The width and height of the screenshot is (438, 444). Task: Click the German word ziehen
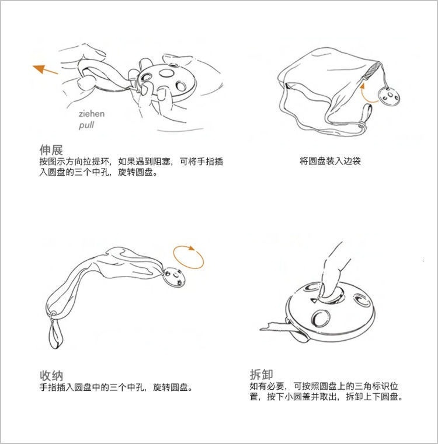pos(92,114)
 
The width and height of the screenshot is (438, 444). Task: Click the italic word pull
pos(86,125)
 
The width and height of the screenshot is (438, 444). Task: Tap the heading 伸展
pos(51,149)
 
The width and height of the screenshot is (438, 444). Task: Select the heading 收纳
pos(51,376)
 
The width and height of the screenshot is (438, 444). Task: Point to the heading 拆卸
pos(262,375)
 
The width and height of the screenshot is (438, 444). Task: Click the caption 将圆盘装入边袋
pos(330,161)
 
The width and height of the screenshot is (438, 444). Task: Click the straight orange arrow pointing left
pos(45,69)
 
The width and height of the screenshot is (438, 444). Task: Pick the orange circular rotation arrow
pos(188,257)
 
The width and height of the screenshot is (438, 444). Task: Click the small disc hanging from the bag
pos(389,96)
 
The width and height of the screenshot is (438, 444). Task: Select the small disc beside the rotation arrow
pos(174,277)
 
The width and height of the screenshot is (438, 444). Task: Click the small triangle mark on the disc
pos(313,300)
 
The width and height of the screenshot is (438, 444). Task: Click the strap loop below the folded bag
pos(56,330)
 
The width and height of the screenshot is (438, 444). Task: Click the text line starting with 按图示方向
pos(131,162)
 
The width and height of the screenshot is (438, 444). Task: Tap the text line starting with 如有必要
pos(324,386)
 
